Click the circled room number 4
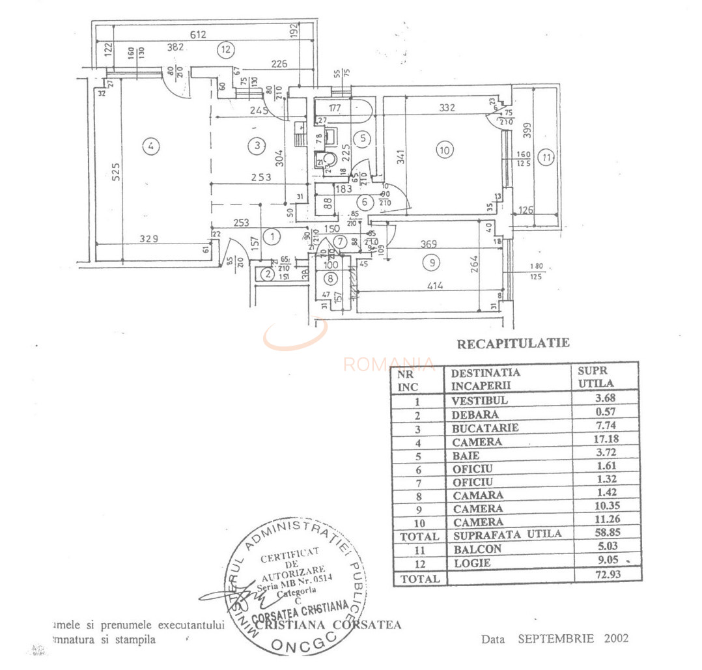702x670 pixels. [x=151, y=147]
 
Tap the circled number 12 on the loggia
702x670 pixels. [x=225, y=48]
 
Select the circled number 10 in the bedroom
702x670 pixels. [x=444, y=151]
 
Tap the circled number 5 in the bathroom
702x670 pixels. [x=363, y=138]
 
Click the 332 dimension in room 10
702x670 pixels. [x=447, y=108]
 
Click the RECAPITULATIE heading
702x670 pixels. [x=512, y=343]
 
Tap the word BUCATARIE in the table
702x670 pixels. [x=485, y=428]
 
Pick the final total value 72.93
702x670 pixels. [x=606, y=576]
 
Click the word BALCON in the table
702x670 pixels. [x=477, y=549]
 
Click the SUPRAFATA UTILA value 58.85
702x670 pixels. [x=606, y=535]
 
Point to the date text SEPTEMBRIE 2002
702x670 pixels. [x=573, y=638]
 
